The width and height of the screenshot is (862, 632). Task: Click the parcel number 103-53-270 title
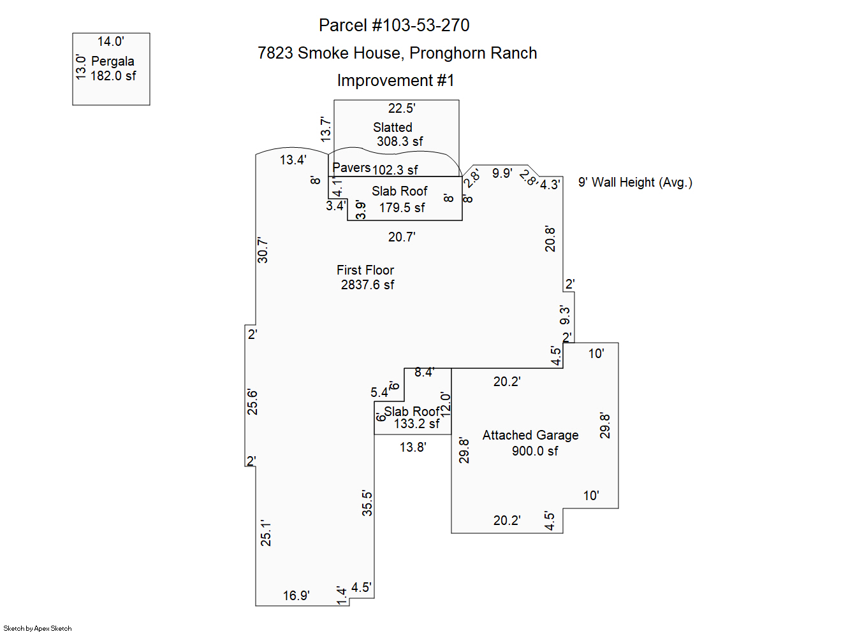point(394,25)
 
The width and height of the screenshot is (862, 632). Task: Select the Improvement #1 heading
point(395,80)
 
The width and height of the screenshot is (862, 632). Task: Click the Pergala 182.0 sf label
point(113,68)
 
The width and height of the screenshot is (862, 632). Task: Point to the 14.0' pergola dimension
point(110,41)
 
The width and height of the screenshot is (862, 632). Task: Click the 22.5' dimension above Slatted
point(402,108)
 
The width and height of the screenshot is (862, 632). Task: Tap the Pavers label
point(351,168)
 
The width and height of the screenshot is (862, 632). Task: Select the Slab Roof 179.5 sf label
point(400,199)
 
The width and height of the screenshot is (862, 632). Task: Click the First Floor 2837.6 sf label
point(366,277)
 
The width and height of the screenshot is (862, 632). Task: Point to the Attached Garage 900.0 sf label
point(531,443)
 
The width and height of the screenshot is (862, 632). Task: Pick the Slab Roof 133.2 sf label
point(413,417)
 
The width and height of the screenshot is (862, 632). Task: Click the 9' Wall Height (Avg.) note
point(635,182)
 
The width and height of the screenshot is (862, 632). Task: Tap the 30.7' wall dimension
point(263,250)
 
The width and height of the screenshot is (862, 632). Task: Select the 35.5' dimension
point(367,503)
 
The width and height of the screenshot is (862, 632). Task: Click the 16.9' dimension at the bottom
point(296,596)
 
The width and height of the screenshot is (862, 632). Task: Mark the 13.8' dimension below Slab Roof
point(413,447)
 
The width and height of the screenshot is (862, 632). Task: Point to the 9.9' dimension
point(502,173)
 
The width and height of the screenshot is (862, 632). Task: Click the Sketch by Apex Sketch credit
point(38,628)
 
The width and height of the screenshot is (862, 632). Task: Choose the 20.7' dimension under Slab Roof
point(402,237)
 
